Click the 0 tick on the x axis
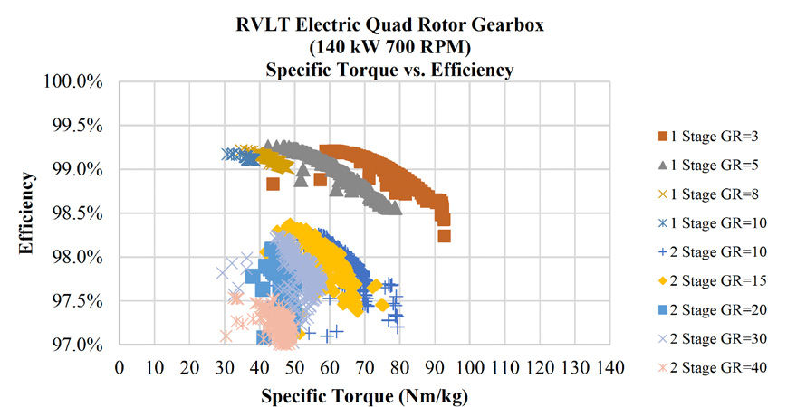[x=120, y=368]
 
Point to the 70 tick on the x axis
[x=364, y=368]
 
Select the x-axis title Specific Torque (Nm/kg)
[x=365, y=396]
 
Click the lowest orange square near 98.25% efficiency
[x=444, y=236]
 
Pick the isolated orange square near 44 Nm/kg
[x=273, y=184]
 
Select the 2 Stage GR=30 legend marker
[x=663, y=338]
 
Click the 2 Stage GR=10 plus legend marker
[x=663, y=251]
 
